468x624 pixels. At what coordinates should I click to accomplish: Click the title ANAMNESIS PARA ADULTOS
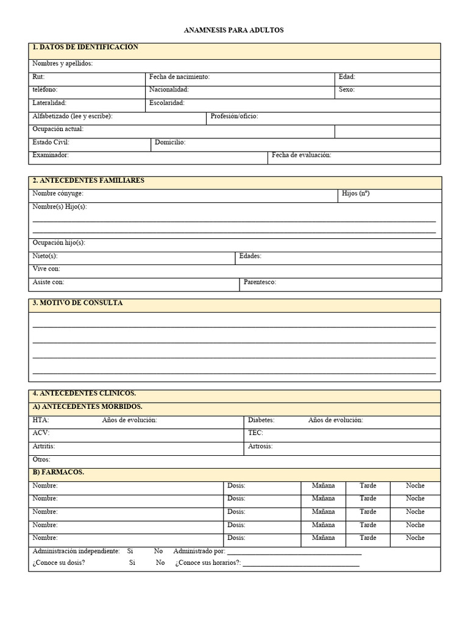pos(233,30)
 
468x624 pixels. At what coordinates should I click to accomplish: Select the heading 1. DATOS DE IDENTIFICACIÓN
pos(85,48)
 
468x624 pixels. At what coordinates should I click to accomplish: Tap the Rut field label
pos(38,77)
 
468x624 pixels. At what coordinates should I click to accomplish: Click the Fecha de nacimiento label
pos(179,77)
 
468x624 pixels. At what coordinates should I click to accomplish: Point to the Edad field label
pos(347,77)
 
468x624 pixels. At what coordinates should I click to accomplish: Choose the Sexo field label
pos(347,90)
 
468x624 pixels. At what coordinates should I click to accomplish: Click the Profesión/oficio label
pos(234,116)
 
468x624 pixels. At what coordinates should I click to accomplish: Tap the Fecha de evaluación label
pos(302,155)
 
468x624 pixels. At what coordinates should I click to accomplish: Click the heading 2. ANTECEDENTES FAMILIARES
pos(88,181)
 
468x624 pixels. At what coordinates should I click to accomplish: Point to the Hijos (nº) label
pos(356,193)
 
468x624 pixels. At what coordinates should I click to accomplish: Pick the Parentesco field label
pos(260,282)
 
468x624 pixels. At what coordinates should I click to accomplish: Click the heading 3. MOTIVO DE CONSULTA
pos(77,303)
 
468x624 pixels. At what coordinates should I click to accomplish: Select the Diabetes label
pos(261,420)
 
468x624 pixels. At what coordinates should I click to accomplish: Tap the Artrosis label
pos(260,446)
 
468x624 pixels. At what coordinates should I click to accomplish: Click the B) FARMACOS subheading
pos(58,472)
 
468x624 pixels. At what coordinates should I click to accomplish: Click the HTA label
pos(40,420)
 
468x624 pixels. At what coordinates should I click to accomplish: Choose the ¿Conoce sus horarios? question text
pos(208,563)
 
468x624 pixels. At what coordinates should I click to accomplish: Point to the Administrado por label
pos(199,551)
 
